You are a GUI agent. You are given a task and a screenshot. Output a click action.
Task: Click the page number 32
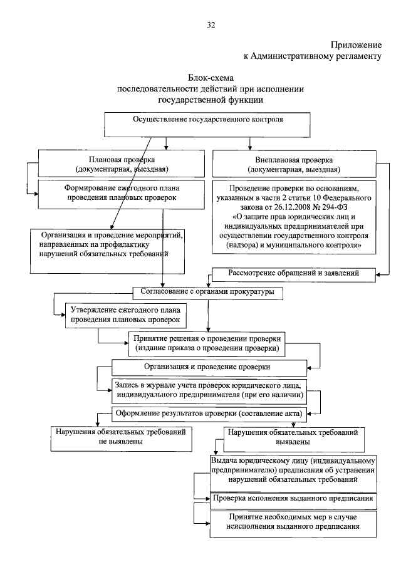coord(211,25)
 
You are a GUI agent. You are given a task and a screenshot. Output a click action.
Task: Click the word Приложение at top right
coord(357,45)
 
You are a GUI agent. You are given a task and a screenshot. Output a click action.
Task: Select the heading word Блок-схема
coord(211,78)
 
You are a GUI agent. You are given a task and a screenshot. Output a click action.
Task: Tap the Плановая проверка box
coord(122,164)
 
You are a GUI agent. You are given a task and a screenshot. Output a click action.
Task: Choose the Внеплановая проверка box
coord(293,164)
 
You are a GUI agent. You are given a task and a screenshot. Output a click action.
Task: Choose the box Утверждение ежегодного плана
coord(125,315)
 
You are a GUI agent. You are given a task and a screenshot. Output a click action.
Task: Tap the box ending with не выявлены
coord(121,437)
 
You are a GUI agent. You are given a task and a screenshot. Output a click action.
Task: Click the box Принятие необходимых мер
coord(293,523)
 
